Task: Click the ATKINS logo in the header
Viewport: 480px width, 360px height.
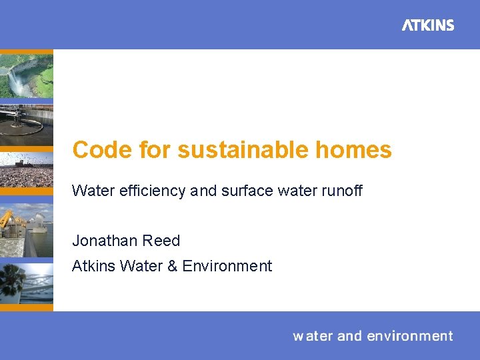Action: [428, 25]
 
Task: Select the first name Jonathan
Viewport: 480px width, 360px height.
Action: [103, 241]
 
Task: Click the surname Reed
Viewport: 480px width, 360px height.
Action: [162, 241]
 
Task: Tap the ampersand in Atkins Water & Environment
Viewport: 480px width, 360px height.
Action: [172, 266]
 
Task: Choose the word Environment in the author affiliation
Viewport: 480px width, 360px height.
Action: [227, 266]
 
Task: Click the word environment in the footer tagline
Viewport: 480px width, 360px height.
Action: [409, 336]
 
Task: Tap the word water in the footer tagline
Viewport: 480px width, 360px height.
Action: [313, 336]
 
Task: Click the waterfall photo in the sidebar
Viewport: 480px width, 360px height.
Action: [25, 75]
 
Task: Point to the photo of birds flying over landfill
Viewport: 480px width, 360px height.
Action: [25, 170]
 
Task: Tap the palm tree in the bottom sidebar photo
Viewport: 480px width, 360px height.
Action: [11, 281]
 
